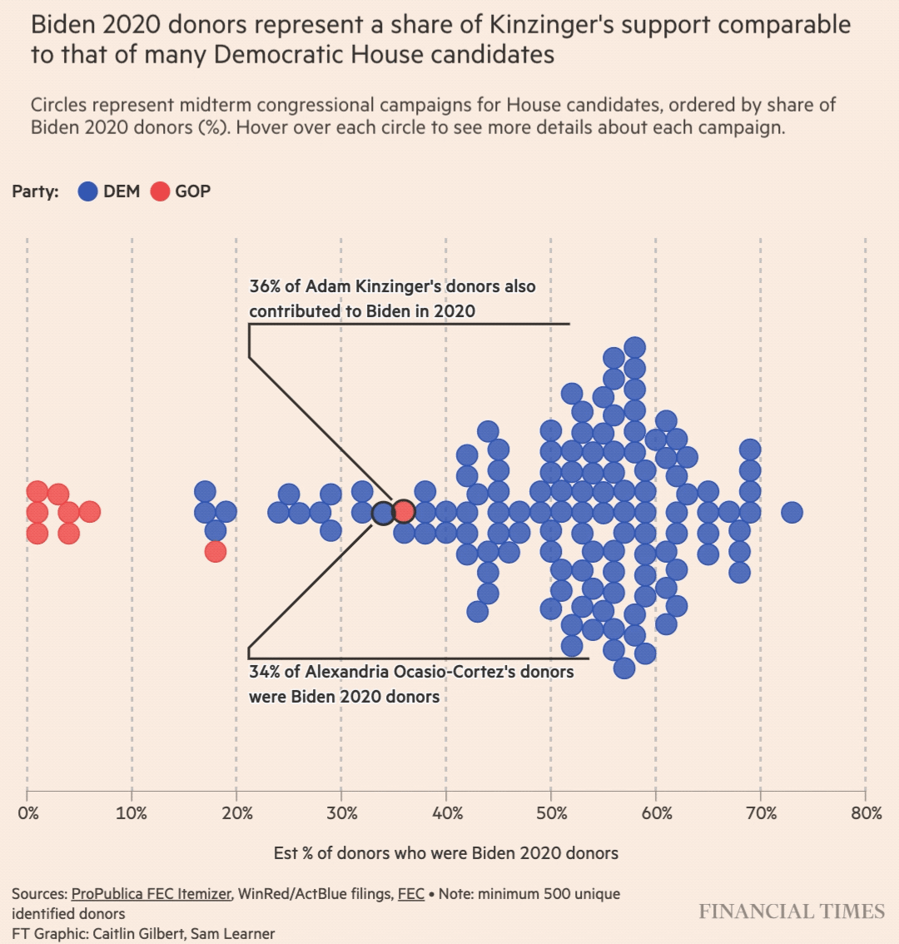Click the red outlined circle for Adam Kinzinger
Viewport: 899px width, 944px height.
(404, 511)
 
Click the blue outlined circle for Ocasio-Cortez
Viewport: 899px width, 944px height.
(383, 513)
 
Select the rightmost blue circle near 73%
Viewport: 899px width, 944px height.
(792, 512)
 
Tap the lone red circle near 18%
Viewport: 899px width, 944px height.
(216, 551)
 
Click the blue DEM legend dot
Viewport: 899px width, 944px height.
(88, 191)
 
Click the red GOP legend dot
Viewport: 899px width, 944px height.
(160, 191)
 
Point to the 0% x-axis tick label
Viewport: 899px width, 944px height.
(27, 813)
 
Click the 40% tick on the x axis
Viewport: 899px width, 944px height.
(447, 813)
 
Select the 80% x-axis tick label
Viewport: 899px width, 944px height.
(866, 813)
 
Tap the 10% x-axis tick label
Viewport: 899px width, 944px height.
(132, 813)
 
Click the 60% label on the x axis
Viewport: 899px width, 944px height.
(656, 813)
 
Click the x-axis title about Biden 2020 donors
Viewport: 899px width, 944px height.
(446, 853)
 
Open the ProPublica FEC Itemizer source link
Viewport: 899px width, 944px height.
(151, 894)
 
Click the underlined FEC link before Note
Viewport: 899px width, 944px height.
(411, 894)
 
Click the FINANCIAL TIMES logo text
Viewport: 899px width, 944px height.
(792, 912)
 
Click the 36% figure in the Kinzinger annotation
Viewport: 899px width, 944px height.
(265, 286)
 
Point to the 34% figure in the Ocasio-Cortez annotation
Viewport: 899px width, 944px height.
(265, 671)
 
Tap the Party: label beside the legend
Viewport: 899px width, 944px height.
(35, 191)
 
